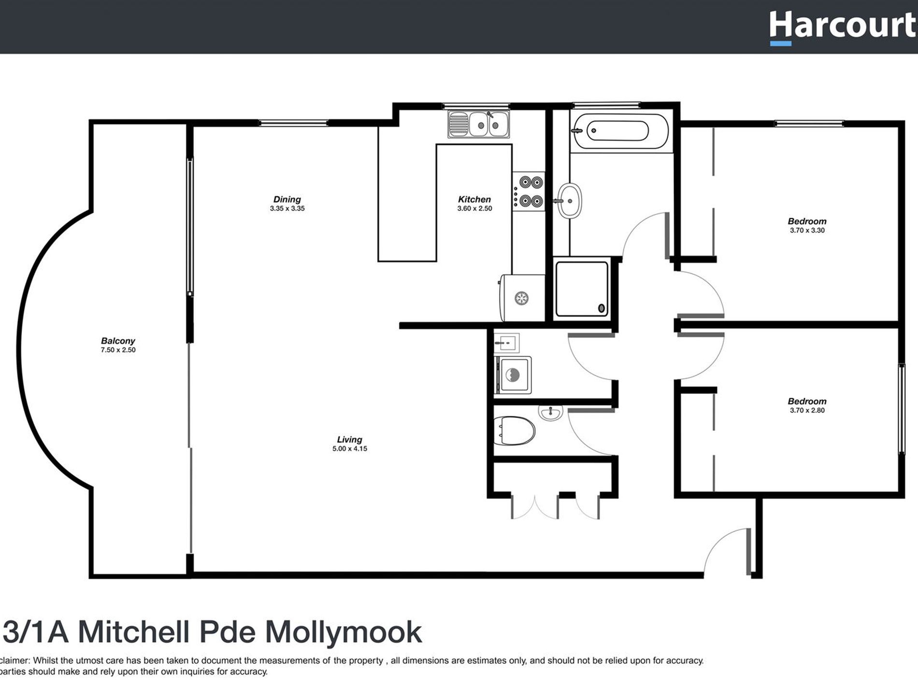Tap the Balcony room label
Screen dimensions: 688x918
tap(118, 341)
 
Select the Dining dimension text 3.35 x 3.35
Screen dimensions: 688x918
tap(287, 209)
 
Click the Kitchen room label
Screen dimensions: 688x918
tap(474, 199)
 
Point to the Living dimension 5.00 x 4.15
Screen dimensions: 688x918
tap(349, 449)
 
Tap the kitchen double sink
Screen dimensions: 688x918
tap(478, 124)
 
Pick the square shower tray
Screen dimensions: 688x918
tap(582, 289)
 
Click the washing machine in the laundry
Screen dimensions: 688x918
tap(513, 375)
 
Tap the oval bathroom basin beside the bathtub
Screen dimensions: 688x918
tap(571, 201)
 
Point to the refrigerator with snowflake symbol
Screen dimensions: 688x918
tap(522, 298)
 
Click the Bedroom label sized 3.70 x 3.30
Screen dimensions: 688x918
tap(807, 222)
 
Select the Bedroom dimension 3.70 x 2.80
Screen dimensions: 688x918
tap(807, 410)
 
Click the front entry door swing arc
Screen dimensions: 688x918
tap(720, 548)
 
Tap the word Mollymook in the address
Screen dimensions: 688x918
tap(344, 632)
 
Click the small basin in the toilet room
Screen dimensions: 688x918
tap(551, 413)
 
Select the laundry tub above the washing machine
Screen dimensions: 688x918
tap(506, 343)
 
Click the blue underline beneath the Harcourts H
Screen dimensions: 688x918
tap(780, 43)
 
